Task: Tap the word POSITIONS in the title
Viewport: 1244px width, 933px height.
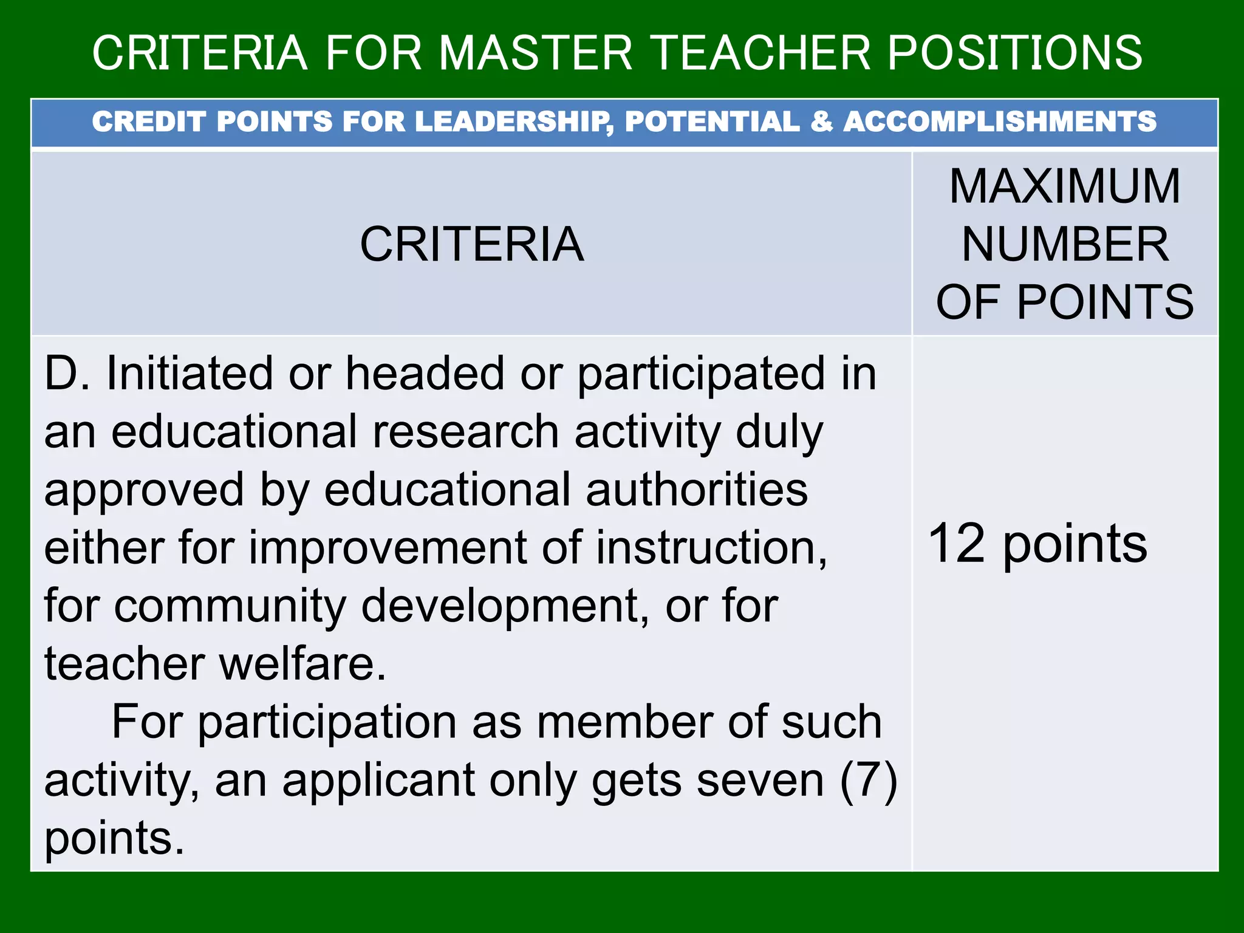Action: click(x=1015, y=53)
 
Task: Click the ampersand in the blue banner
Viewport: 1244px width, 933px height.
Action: click(x=821, y=121)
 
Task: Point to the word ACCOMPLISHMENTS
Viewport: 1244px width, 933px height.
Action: click(x=1000, y=121)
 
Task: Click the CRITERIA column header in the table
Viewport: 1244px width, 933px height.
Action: click(x=471, y=244)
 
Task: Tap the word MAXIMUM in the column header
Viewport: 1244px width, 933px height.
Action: click(x=1065, y=186)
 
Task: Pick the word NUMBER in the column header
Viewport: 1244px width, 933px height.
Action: click(x=1065, y=244)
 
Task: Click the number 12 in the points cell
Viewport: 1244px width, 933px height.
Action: click(x=956, y=543)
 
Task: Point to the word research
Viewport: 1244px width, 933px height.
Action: click(x=465, y=432)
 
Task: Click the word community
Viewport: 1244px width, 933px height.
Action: click(x=230, y=606)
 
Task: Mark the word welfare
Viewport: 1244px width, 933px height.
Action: click(x=302, y=664)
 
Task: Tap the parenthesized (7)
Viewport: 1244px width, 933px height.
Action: click(x=868, y=781)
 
